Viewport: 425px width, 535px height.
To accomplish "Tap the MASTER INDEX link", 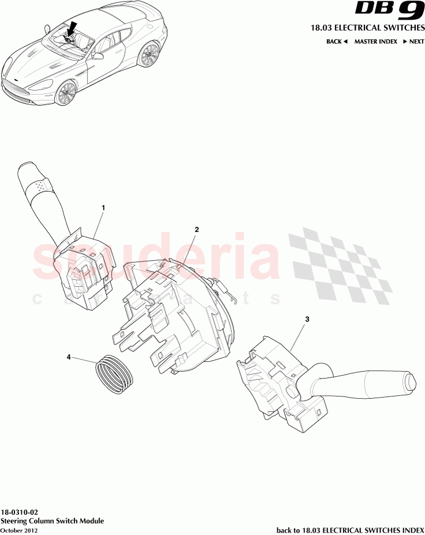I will click(375, 42).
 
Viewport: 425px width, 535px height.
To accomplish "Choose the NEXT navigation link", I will click(413, 42).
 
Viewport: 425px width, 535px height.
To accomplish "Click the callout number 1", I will click(103, 207).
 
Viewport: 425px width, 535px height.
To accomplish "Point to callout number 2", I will click(197, 229).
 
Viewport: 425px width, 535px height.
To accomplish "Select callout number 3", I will click(307, 319).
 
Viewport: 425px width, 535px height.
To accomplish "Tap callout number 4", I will click(69, 357).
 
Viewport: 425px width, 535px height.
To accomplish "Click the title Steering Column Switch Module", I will click(52, 521).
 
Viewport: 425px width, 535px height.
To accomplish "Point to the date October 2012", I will click(20, 530).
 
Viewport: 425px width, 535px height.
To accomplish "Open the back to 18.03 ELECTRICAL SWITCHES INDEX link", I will click(350, 530).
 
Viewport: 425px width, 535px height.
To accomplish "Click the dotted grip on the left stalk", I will click(40, 186).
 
